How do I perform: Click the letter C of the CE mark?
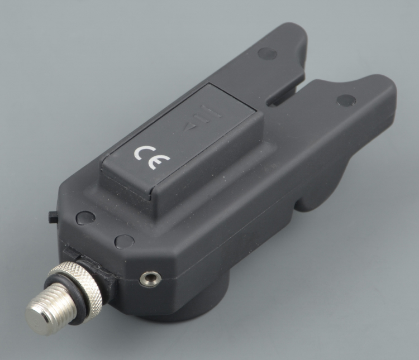coord(142,153)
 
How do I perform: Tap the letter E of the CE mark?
coord(160,162)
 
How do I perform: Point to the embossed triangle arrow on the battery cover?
coord(191,127)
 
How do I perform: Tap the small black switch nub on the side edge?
coord(53,217)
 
